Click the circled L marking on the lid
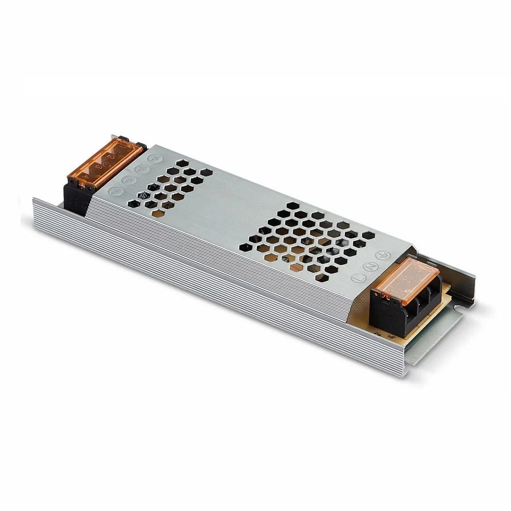click(359, 278)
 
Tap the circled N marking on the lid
click(370, 266)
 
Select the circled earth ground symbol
click(382, 255)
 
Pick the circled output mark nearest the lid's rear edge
click(152, 159)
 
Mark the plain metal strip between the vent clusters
click(237, 208)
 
